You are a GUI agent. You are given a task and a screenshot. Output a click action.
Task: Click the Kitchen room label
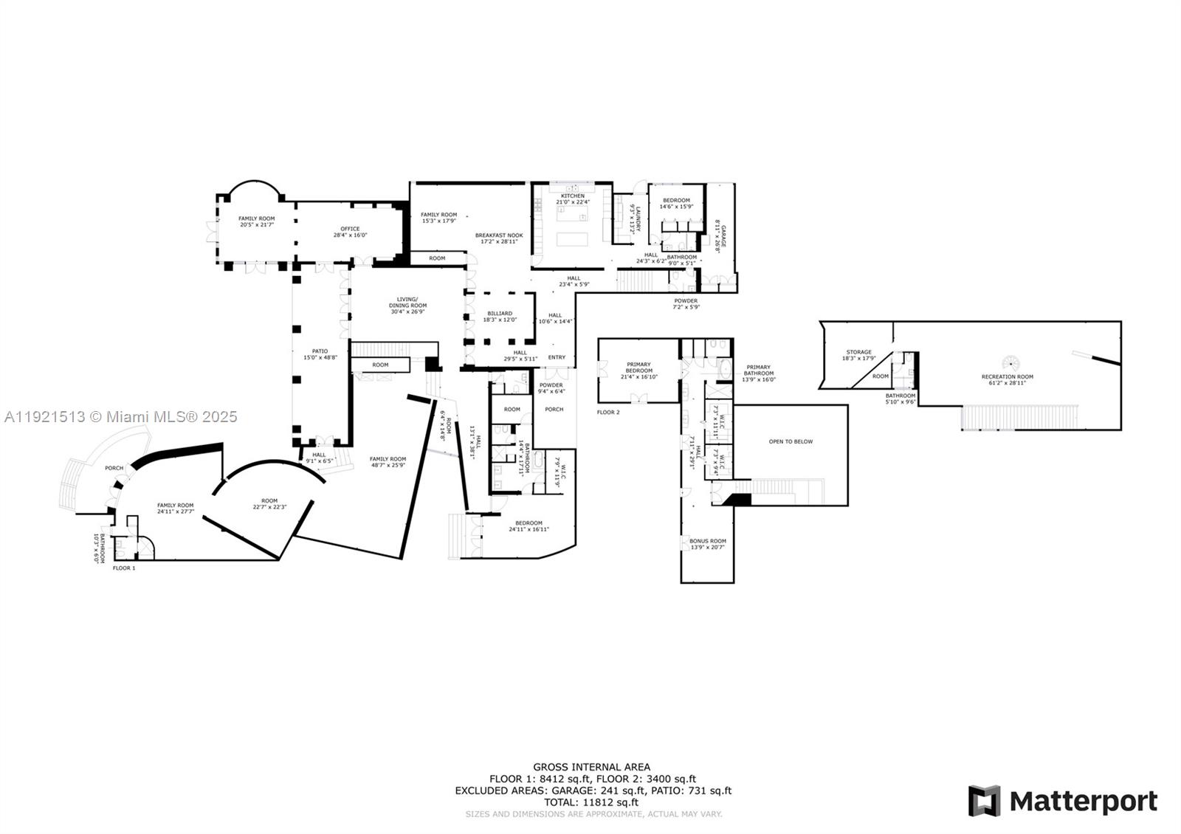[x=572, y=199]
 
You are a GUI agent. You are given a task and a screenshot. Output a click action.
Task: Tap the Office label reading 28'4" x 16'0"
[x=350, y=232]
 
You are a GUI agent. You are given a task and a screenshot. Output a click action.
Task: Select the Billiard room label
[x=500, y=316]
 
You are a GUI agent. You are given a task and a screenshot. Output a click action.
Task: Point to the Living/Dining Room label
[x=408, y=306]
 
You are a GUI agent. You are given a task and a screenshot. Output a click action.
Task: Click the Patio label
[x=320, y=354]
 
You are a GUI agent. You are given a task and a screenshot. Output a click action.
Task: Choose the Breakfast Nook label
[x=499, y=238]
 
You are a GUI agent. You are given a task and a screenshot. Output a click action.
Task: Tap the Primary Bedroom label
[x=638, y=367]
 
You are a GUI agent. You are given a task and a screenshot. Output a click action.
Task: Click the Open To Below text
[x=791, y=441]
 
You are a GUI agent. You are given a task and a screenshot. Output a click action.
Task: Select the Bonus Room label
[x=707, y=544]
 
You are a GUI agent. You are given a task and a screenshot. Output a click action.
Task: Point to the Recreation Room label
[x=1007, y=379]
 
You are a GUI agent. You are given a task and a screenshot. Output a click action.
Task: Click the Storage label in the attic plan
[x=858, y=355]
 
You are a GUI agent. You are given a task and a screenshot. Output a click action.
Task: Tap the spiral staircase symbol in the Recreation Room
[x=1010, y=363]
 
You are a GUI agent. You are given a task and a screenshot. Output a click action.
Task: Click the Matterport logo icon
[x=984, y=801]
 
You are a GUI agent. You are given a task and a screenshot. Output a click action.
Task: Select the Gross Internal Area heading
[x=592, y=767]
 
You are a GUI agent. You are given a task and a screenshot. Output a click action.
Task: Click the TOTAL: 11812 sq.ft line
[x=592, y=802]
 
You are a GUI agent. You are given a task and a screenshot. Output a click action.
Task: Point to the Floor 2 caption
[x=608, y=412]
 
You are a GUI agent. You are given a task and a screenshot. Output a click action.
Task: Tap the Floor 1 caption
[x=124, y=568]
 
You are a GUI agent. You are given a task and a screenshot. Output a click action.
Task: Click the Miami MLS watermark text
[x=121, y=416]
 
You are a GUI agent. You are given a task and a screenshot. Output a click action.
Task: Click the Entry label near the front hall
[x=557, y=357]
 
